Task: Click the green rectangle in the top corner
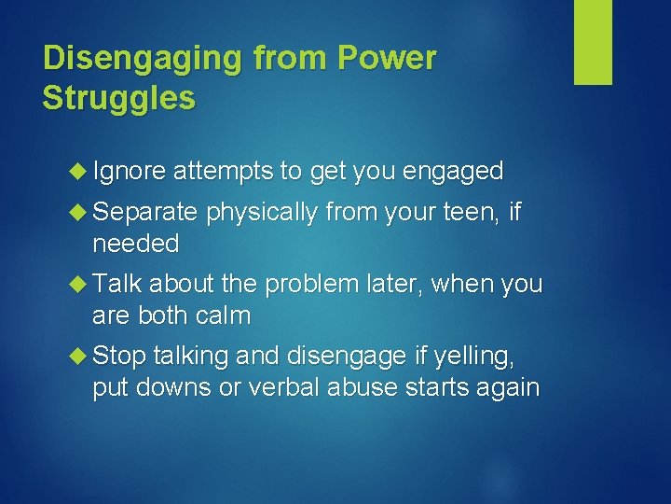[593, 42]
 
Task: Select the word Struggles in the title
[119, 98]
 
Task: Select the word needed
[135, 245]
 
